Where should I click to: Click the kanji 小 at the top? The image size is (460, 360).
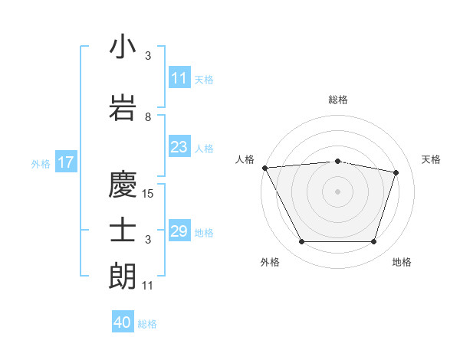click(123, 47)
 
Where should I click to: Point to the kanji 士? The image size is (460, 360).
click(123, 231)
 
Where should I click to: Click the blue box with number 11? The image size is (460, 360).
click(179, 78)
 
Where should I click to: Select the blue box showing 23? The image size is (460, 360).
click(179, 147)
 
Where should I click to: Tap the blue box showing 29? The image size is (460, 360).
click(179, 231)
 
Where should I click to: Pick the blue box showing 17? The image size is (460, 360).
click(65, 162)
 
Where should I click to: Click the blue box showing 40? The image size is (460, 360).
click(123, 322)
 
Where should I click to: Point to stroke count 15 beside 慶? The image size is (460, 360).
click(149, 194)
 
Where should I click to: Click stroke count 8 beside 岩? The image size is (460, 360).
click(148, 117)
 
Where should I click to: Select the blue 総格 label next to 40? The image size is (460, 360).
click(148, 324)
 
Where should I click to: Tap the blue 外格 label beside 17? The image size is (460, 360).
click(41, 163)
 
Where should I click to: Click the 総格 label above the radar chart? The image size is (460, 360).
click(337, 100)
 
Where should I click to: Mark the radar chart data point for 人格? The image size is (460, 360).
click(264, 168)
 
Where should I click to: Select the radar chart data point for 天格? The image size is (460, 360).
click(396, 172)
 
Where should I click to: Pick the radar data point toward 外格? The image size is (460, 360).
click(301, 242)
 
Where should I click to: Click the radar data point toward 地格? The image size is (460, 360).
click(373, 242)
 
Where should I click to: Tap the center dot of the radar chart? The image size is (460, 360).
click(337, 191)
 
